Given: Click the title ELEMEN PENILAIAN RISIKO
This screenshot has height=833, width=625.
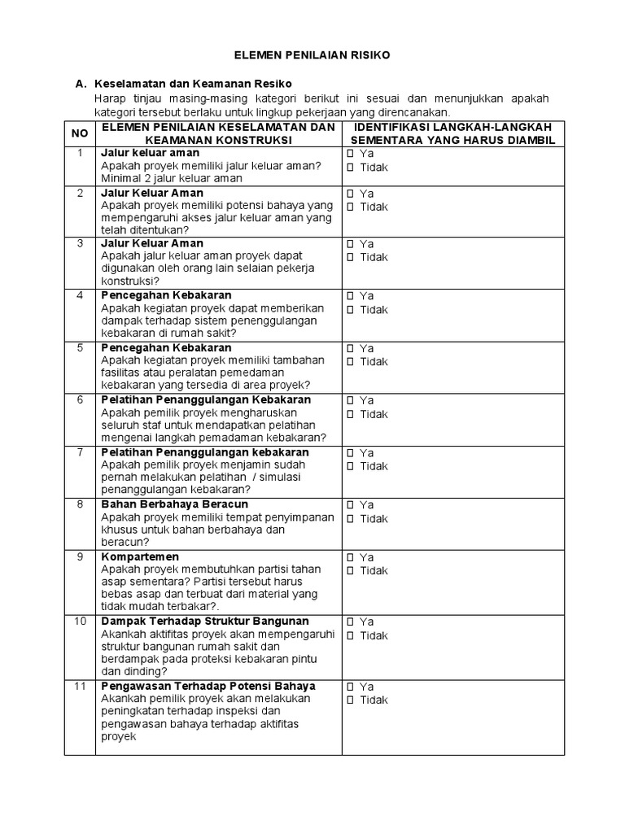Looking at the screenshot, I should (x=312, y=55).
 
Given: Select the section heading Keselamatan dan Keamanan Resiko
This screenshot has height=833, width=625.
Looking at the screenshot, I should (x=194, y=85).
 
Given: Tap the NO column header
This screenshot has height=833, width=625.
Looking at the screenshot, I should (x=80, y=133).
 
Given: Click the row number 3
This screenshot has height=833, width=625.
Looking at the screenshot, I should (x=80, y=243).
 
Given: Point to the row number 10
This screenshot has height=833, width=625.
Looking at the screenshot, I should (x=80, y=621).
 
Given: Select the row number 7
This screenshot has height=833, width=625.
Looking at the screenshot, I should (x=80, y=452).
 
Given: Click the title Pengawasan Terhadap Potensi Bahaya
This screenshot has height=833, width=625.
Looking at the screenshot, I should (x=208, y=686).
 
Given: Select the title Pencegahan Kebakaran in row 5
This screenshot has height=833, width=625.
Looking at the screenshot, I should (x=166, y=347).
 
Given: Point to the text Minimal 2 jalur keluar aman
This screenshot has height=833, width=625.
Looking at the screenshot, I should (x=172, y=178).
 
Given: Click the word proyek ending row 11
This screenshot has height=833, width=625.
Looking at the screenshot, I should (x=118, y=737).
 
